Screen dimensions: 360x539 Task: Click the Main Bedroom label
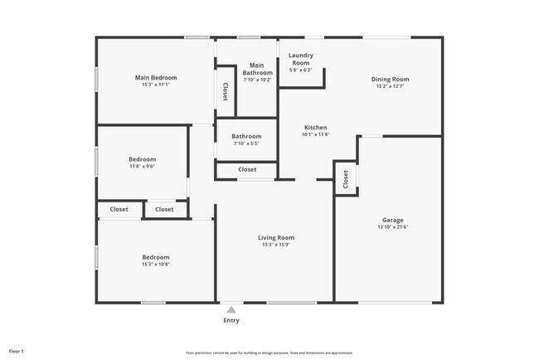[156, 78]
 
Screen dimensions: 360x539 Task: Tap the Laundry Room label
[299, 59]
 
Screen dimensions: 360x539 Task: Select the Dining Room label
[390, 80]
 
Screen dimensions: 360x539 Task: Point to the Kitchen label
[315, 128]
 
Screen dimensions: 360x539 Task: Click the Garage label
[393, 220]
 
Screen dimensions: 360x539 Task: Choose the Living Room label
[278, 238]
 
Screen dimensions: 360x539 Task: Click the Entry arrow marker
[231, 310]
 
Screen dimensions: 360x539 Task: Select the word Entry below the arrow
[231, 320]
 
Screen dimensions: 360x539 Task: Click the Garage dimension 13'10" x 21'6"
[393, 227]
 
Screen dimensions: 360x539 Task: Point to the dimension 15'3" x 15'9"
[278, 245]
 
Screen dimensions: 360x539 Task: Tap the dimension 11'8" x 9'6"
[142, 166]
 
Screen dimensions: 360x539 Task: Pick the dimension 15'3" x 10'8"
[156, 265]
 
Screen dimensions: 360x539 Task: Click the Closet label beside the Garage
[344, 177]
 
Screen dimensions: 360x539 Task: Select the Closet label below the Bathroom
[247, 169]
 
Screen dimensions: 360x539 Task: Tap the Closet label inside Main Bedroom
[225, 90]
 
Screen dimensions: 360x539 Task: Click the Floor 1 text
[17, 352]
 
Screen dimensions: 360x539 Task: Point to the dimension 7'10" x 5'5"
[246, 144]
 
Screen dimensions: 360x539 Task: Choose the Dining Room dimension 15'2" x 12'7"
[390, 86]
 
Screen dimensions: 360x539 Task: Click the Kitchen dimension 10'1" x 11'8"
[315, 134]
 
